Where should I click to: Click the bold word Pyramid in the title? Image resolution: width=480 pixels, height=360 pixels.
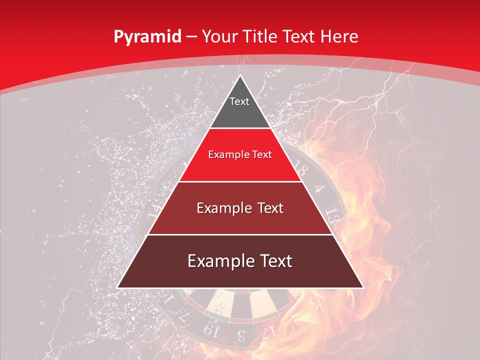147,37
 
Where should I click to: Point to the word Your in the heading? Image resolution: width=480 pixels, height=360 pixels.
219,37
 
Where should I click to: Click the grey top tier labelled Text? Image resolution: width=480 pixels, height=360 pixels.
239,107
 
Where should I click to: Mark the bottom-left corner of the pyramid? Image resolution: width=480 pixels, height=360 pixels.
117,287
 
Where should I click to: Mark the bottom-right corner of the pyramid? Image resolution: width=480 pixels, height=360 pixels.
363,287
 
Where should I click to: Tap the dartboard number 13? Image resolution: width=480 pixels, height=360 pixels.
331,215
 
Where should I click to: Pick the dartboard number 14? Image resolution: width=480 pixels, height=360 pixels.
155,207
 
